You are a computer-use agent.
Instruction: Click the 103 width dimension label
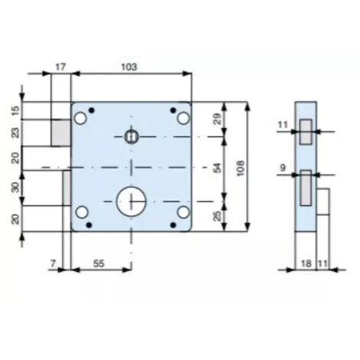pos(129,67)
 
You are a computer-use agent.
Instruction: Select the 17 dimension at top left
pos(61,67)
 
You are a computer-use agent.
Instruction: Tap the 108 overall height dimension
pos(241,168)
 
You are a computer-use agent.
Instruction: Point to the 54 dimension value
pos(218,168)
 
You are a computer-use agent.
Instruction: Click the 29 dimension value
pos(218,119)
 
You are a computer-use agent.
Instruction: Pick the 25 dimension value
pos(218,216)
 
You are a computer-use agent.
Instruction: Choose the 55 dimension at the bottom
pos(99,263)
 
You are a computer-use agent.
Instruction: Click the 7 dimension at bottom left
pos(53,263)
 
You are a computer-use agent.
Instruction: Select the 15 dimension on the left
pos(16,110)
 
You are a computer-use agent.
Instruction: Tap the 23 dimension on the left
pos(16,133)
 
